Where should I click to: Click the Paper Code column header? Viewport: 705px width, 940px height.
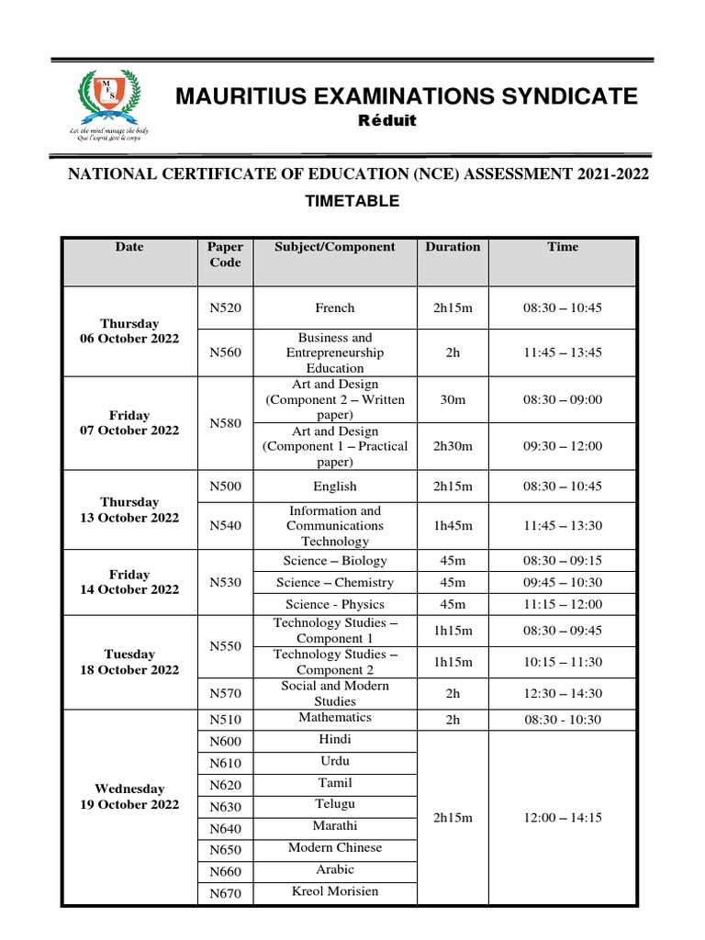pyautogui.click(x=225, y=254)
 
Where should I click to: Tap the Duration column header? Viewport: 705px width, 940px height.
pyautogui.click(x=453, y=247)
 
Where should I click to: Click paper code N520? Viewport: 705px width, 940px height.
pyautogui.click(x=225, y=308)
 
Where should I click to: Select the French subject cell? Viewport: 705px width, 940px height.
pyautogui.click(x=335, y=308)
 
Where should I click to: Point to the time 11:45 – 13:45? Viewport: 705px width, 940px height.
pyautogui.click(x=563, y=353)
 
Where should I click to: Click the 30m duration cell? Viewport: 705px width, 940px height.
pyautogui.click(x=453, y=400)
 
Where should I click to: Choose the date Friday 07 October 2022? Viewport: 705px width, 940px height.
pyautogui.click(x=129, y=423)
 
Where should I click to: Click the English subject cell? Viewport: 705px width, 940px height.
pyautogui.click(x=335, y=487)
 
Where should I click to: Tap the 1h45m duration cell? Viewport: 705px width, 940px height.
pyautogui.click(x=453, y=526)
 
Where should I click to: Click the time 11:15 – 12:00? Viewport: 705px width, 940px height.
pyautogui.click(x=563, y=604)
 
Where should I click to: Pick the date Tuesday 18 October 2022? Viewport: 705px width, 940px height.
pyautogui.click(x=129, y=662)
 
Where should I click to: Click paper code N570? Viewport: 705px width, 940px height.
pyautogui.click(x=225, y=694)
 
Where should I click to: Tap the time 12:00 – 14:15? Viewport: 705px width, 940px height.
pyautogui.click(x=563, y=817)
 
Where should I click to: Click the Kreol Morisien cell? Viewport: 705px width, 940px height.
pyautogui.click(x=335, y=891)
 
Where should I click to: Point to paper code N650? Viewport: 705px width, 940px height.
pyautogui.click(x=225, y=850)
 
